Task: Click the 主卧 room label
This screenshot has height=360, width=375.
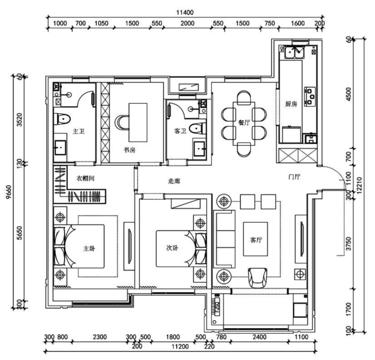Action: [89, 249]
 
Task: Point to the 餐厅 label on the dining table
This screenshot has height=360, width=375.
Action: [243, 122]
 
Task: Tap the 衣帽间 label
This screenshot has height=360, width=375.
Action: [85, 178]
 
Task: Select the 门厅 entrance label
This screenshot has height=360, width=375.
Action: [294, 177]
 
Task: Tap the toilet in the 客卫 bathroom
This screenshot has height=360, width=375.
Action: [197, 128]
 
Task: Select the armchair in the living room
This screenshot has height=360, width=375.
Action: [258, 277]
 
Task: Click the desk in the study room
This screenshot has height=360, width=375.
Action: [138, 122]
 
